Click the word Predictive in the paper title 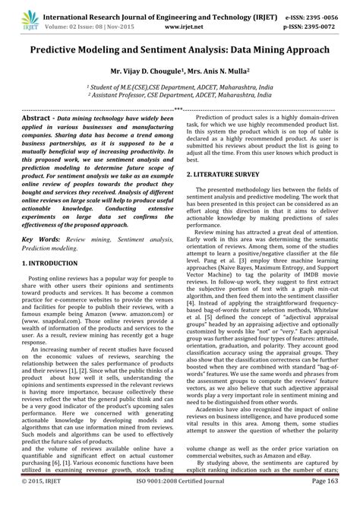[62, 49]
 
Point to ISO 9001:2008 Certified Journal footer [180, 502]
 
